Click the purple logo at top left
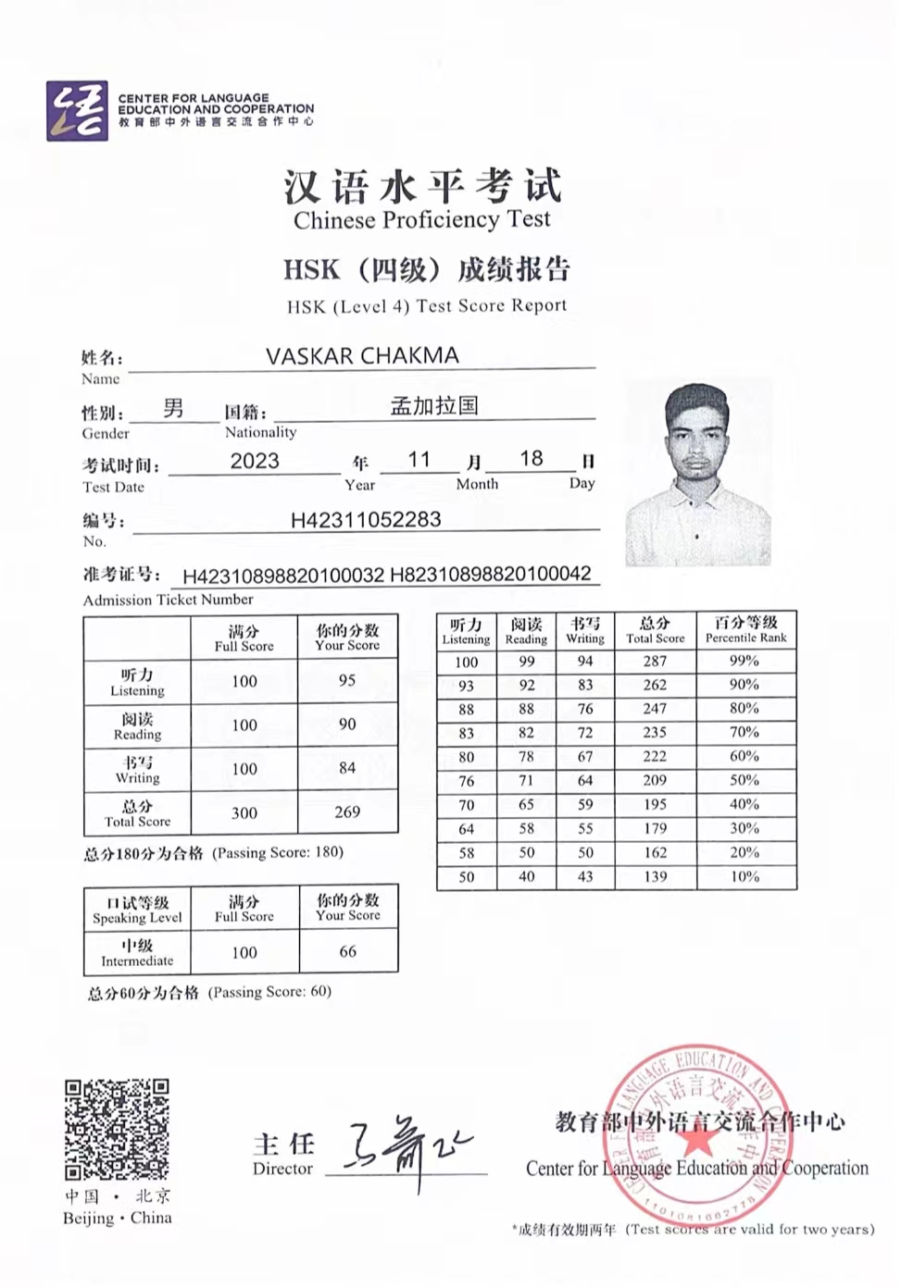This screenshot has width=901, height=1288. tap(77, 111)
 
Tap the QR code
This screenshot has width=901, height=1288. tap(117, 1129)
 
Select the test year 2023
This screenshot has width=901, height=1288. tap(255, 461)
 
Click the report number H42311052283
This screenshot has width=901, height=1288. tap(366, 520)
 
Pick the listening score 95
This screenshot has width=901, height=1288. tap(347, 681)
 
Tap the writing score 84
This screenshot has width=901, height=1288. tap(347, 768)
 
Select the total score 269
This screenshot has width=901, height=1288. tap(347, 812)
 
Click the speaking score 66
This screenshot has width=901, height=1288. tap(348, 951)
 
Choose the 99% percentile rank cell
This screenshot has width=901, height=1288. tap(745, 662)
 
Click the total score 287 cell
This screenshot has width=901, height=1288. tap(655, 662)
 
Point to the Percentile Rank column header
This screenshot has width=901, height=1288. tap(745, 629)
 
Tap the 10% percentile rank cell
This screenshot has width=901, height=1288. tap(745, 877)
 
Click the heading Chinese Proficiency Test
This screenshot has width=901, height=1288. tap(421, 220)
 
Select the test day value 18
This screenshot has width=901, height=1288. tap(532, 459)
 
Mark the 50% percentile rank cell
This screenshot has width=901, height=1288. tap(745, 781)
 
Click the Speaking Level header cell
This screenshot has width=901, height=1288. tap(137, 909)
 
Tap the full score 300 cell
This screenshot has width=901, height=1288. tap(244, 813)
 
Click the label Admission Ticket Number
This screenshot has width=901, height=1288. tap(168, 601)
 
